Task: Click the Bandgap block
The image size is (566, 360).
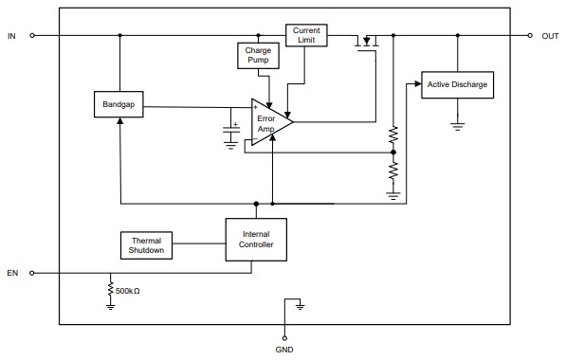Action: point(119,104)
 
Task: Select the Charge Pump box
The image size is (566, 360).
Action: point(258,55)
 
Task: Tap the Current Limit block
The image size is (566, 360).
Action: point(306,36)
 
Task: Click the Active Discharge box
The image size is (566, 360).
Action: point(457,84)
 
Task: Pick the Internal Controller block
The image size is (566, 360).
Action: point(257,239)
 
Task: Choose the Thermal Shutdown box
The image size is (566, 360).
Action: point(147,245)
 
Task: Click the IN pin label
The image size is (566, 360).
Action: point(11,36)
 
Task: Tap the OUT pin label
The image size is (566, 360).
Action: point(550,36)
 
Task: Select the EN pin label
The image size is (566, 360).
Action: point(12,274)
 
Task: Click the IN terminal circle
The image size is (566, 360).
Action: point(32,36)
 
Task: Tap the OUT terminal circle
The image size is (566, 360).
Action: point(530,36)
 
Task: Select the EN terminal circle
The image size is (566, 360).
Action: point(32,274)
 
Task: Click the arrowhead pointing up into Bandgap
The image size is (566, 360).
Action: point(119,124)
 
